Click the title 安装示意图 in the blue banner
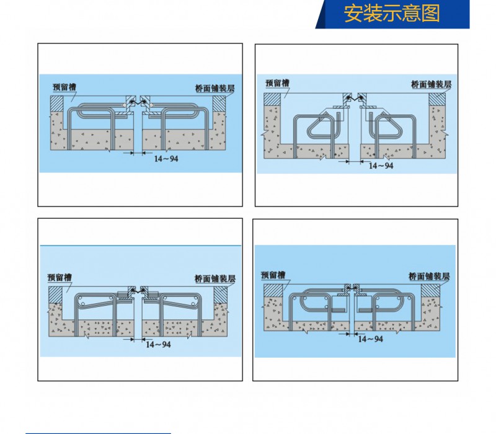392,14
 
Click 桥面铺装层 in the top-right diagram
431,84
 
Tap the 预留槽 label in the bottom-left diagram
60,277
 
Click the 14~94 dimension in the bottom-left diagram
158,345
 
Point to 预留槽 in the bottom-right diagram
273,275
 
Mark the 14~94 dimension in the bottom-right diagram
370,339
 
